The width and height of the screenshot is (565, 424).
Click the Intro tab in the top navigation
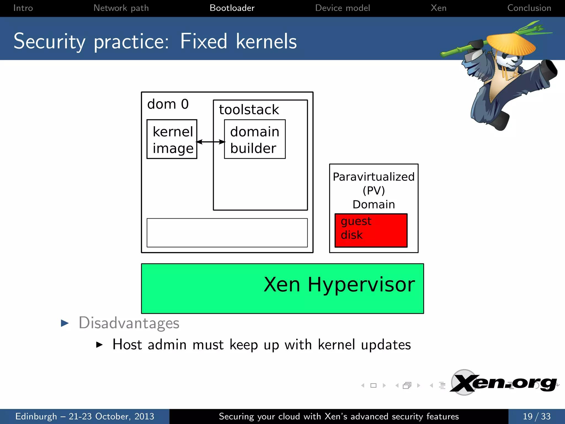23,8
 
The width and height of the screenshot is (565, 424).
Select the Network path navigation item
121,8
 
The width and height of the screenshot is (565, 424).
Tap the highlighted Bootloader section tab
232,8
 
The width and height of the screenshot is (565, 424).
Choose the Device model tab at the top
342,8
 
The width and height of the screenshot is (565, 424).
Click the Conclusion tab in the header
529,8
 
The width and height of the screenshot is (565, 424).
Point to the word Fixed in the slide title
204,41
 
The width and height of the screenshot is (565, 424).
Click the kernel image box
172,139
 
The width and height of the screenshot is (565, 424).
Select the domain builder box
255,139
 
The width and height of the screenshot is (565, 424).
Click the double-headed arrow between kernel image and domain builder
211,142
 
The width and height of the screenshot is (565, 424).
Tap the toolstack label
249,110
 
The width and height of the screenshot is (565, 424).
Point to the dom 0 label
168,104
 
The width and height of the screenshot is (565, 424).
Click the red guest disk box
371,230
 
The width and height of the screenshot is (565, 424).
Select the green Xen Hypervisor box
282,288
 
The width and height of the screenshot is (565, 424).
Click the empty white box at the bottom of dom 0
227,233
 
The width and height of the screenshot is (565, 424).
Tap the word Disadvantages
129,323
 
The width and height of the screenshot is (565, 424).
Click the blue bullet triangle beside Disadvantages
65,323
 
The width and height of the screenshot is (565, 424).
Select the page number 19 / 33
537,416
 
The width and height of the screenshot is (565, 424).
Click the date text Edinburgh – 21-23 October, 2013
85,416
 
